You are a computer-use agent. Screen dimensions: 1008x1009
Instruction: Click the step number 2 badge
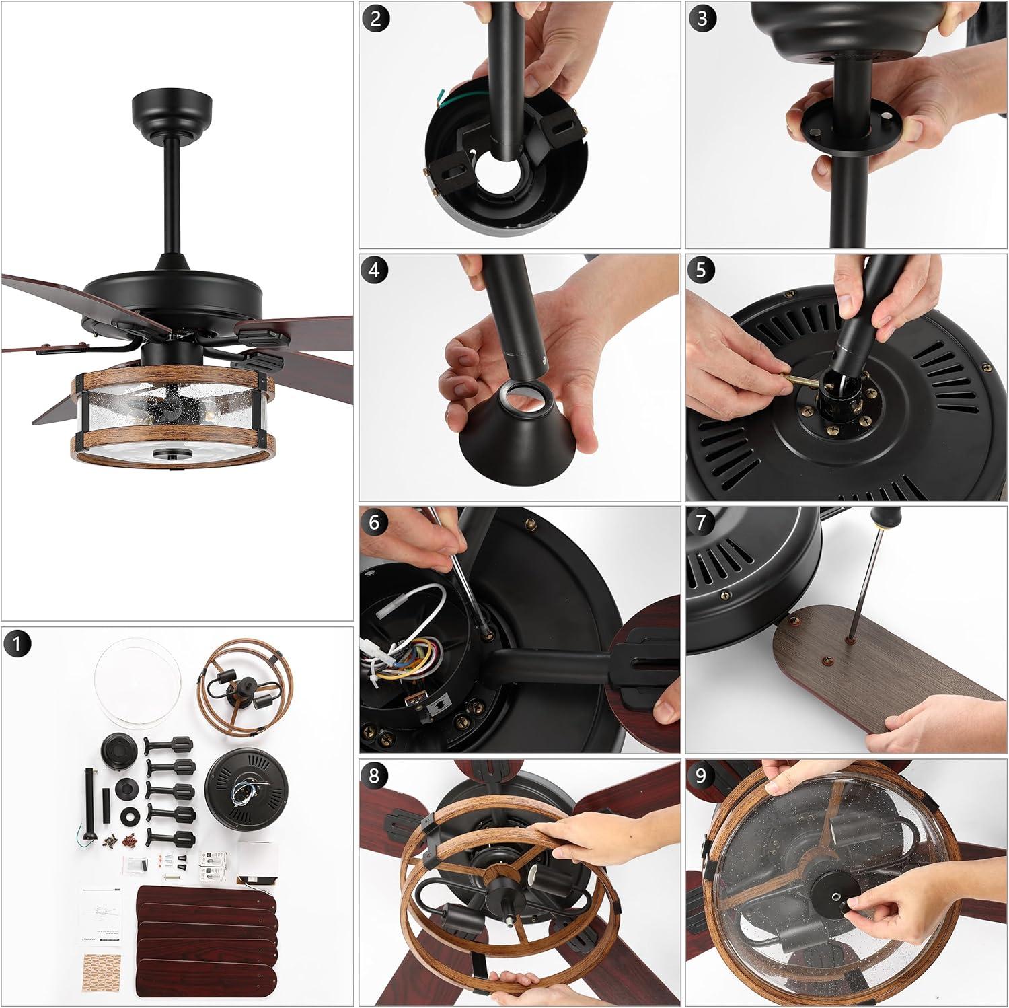pos(375,18)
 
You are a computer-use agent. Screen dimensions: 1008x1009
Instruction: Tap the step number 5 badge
pos(702,270)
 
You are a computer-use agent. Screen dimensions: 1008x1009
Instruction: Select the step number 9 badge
pos(702,776)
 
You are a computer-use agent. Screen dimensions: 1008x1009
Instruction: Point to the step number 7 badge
pos(702,523)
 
